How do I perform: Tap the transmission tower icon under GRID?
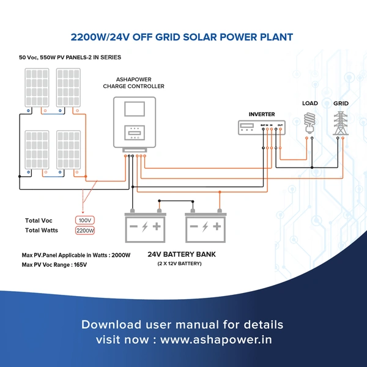point(341,123)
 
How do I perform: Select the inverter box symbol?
point(262,127)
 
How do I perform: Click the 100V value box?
point(85,220)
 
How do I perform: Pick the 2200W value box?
point(85,231)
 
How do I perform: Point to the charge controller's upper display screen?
point(135,109)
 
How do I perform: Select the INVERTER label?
point(262,114)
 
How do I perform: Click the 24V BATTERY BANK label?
point(182,254)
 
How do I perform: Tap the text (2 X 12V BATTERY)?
point(179,264)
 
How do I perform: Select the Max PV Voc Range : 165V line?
point(54,265)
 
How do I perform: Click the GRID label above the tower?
point(341,103)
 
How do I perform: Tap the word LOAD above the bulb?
point(310,103)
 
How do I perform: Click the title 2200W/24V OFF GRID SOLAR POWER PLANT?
point(183,37)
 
